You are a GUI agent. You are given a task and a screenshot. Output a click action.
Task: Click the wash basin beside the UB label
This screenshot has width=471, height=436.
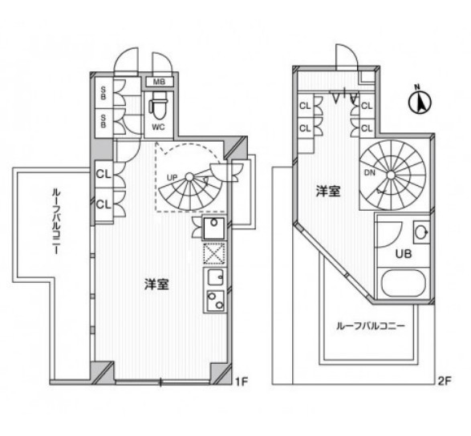point(421,233)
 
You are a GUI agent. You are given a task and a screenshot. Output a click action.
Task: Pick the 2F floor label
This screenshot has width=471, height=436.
point(446,383)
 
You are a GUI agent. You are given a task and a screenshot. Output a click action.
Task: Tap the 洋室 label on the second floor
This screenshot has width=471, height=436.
point(327,192)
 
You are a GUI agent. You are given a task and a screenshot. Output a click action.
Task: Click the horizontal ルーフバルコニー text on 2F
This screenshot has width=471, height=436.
point(369,327)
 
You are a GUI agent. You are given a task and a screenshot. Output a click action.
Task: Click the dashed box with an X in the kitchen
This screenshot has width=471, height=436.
point(214,254)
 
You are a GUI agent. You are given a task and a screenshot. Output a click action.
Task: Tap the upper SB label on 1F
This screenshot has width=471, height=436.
point(103,91)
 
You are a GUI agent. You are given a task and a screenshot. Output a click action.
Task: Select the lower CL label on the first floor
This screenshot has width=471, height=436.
point(103,204)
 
